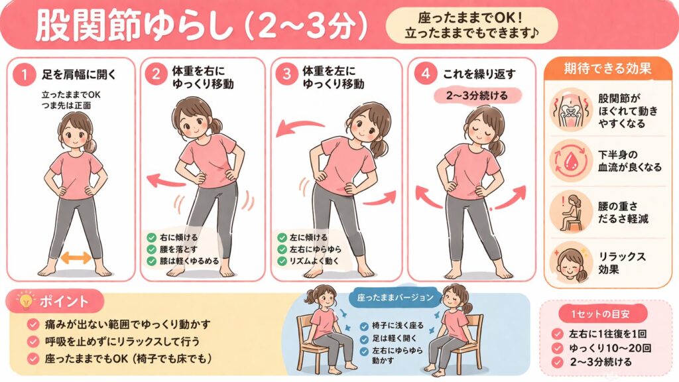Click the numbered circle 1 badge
pos(25,74)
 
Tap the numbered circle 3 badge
pos(286,74)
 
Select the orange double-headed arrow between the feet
pos(76,257)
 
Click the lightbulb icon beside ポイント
pos(25,300)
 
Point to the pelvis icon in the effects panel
pos(571,109)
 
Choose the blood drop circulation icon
pos(571,160)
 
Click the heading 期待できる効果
pos(607,69)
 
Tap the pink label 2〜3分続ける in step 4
pos(477,95)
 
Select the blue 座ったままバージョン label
pos(395,298)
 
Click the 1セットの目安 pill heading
pos(600,314)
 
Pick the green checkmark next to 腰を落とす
pos(151,249)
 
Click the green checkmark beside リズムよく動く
pos(282,261)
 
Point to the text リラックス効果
pos(621,263)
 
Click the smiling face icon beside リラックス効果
pos(571,263)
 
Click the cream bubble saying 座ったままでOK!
pos(471,26)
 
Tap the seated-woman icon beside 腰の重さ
pos(571,212)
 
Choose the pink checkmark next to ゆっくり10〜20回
pos(557,348)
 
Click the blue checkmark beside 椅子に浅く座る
pos(364,326)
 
